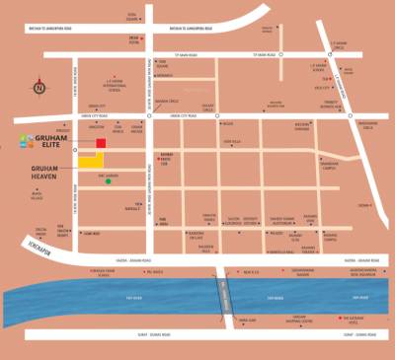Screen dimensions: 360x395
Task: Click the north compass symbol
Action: (x=39, y=88)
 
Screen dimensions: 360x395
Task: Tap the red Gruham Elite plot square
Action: (x=101, y=144)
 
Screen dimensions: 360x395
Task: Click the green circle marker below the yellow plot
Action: (x=108, y=181)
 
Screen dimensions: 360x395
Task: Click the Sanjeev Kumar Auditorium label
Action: (x=279, y=219)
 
